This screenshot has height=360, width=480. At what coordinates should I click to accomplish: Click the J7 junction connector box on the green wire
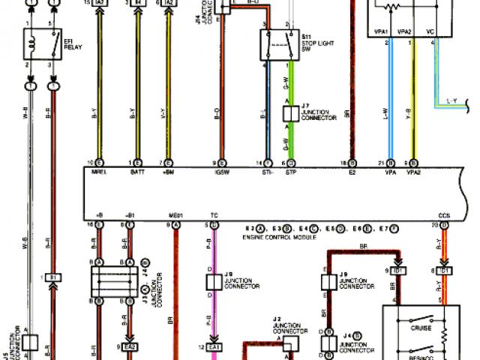[289, 114]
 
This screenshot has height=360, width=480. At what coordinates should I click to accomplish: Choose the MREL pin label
[97, 172]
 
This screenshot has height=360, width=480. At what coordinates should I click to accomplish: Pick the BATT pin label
[137, 172]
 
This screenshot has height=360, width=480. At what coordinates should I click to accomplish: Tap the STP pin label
[290, 172]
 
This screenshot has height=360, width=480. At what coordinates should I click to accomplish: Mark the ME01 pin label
[175, 215]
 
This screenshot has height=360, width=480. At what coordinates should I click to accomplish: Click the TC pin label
[215, 215]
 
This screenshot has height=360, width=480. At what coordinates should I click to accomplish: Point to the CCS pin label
[445, 215]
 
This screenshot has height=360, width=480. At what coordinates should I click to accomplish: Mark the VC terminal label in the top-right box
[429, 32]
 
